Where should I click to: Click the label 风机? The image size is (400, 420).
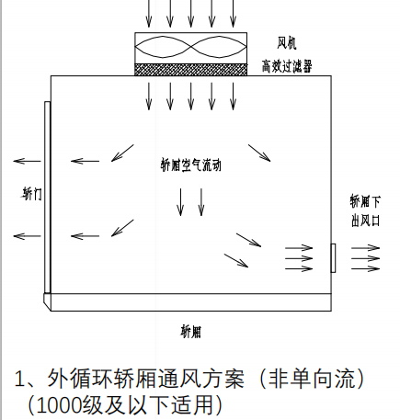coord(287,43)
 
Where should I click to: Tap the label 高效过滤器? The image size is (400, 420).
coord(287,66)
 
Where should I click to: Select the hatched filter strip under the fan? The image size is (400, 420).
coord(190,70)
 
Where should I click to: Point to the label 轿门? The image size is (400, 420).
coord(32,194)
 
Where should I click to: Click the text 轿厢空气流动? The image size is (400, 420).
coord(190,165)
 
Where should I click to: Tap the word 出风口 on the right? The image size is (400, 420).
coord(365,221)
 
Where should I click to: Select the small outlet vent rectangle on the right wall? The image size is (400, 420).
coord(333,258)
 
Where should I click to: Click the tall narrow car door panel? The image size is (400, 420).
coord(47,198)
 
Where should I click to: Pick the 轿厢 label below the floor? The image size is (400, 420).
coord(190,332)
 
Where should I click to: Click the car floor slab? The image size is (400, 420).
coord(188,302)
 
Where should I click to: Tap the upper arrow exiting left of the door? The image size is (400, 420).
coord(28,161)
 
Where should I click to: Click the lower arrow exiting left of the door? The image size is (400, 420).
coord(28,236)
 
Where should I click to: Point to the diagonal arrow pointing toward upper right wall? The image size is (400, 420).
coord(259,153)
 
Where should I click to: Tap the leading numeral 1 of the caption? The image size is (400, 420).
coord(19,380)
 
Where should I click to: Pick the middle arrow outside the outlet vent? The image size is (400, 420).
coord(366,258)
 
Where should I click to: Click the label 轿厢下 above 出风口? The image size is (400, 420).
coord(365,201)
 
